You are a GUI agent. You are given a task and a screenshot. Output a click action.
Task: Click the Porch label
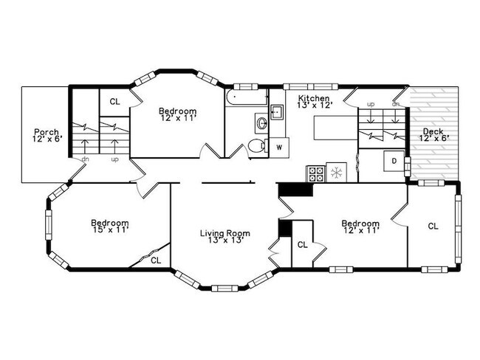[45, 132]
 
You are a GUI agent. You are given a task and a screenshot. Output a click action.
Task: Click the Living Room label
[224, 233]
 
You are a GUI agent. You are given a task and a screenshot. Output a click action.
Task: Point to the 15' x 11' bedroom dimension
[110, 230]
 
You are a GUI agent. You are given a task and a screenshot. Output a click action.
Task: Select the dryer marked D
[394, 160]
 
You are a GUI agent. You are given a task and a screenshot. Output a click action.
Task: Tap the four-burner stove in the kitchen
[315, 173]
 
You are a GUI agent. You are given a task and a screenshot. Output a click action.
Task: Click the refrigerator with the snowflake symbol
[336, 173]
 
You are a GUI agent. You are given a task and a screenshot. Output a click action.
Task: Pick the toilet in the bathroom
[256, 145]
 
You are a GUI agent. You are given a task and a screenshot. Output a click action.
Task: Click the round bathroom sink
[261, 122]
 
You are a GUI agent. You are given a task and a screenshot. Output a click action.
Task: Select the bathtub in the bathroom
[246, 98]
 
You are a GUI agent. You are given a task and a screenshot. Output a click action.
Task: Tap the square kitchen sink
[277, 113]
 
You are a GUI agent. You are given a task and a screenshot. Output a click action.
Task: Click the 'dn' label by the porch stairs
[86, 159]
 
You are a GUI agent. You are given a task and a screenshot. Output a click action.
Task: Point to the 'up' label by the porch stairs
[114, 159]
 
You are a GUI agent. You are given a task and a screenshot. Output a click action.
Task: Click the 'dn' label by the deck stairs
[396, 103]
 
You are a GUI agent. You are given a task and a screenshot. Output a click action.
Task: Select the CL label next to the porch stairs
[114, 102]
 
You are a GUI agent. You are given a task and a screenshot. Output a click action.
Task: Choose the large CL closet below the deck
[432, 226]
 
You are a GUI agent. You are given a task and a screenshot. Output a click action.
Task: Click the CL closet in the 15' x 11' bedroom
[156, 260]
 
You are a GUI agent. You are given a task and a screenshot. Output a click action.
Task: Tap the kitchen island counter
[335, 128]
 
